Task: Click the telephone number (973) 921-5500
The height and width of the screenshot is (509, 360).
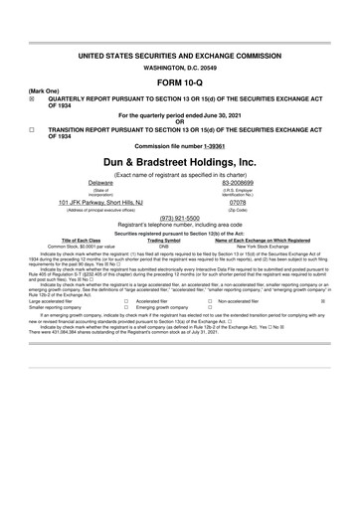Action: pyautogui.click(x=180, y=217)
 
